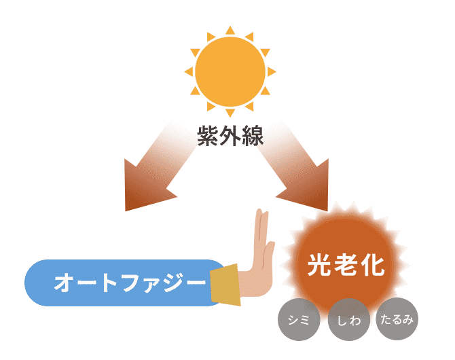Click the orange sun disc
(x=230, y=71)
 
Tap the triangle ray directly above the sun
(x=230, y=31)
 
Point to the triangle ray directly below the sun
(x=230, y=113)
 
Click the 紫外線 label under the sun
(x=230, y=136)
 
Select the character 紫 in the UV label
(x=208, y=136)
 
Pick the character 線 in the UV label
(x=253, y=136)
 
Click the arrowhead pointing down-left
(x=145, y=189)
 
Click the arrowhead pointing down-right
(x=308, y=189)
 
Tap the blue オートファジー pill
(x=125, y=283)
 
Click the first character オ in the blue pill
(x=64, y=282)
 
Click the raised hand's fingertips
(x=261, y=214)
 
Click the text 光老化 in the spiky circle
(x=346, y=265)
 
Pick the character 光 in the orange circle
(x=320, y=265)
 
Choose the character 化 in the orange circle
(x=373, y=265)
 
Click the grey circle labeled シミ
(x=299, y=319)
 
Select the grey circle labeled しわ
(x=349, y=319)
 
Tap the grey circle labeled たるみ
(x=397, y=319)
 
